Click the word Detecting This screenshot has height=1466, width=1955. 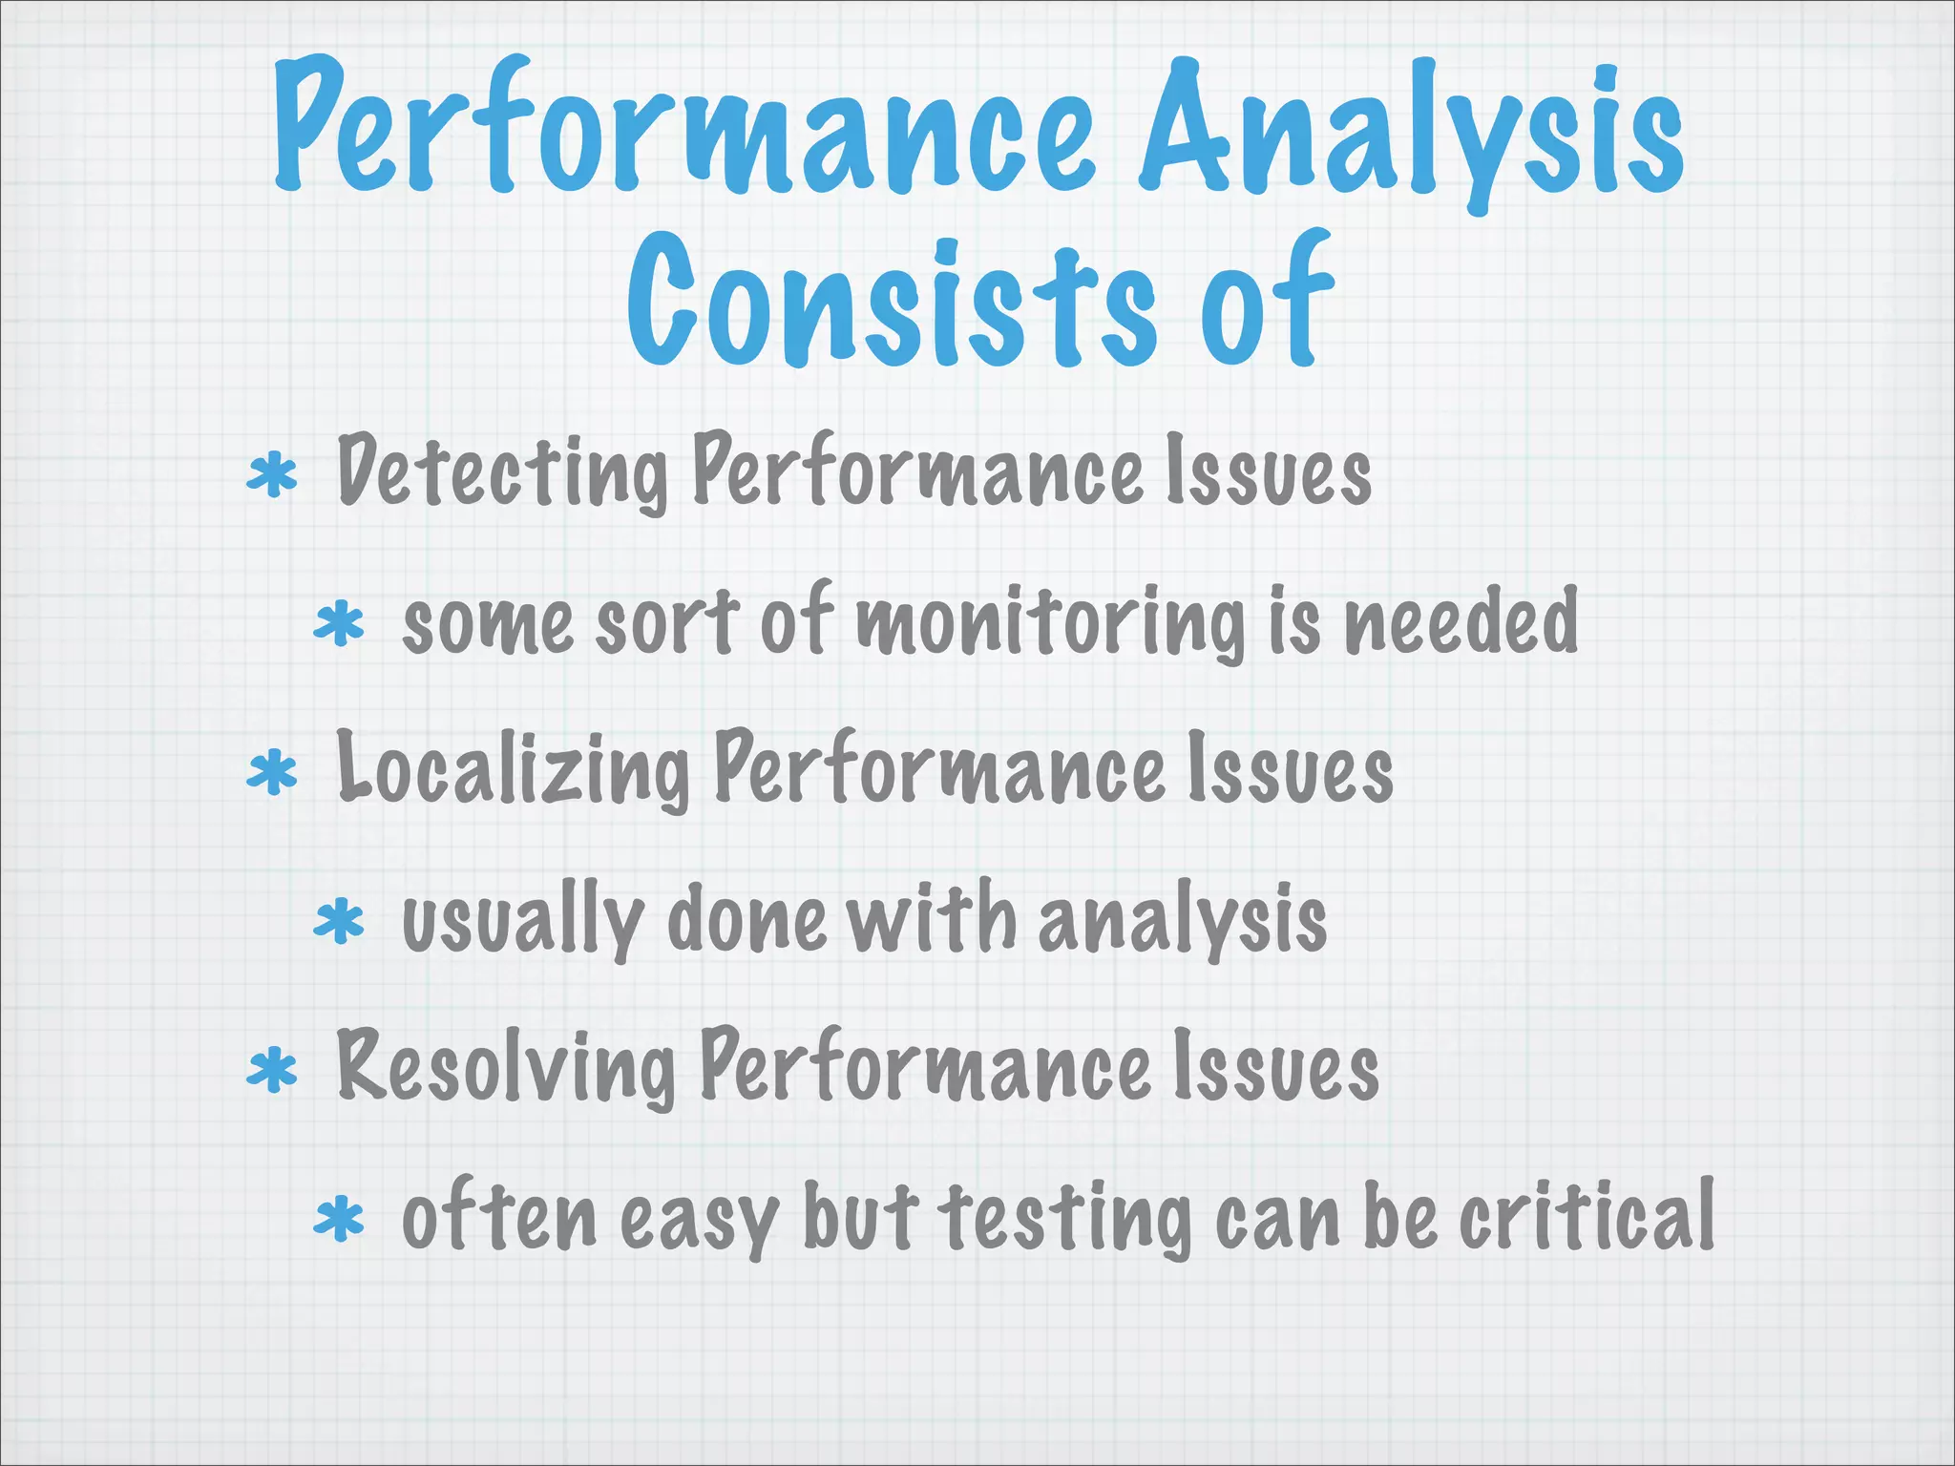(502, 471)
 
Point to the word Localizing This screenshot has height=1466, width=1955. (514, 769)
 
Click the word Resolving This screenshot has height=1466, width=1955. (507, 1067)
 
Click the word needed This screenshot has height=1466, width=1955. (1461, 620)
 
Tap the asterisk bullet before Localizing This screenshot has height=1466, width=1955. (272, 773)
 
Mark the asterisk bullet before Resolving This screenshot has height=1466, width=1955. (272, 1071)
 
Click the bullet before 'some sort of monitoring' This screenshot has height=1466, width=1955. (339, 625)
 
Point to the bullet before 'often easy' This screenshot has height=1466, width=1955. (339, 1221)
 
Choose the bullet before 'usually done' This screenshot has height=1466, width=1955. (339, 923)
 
